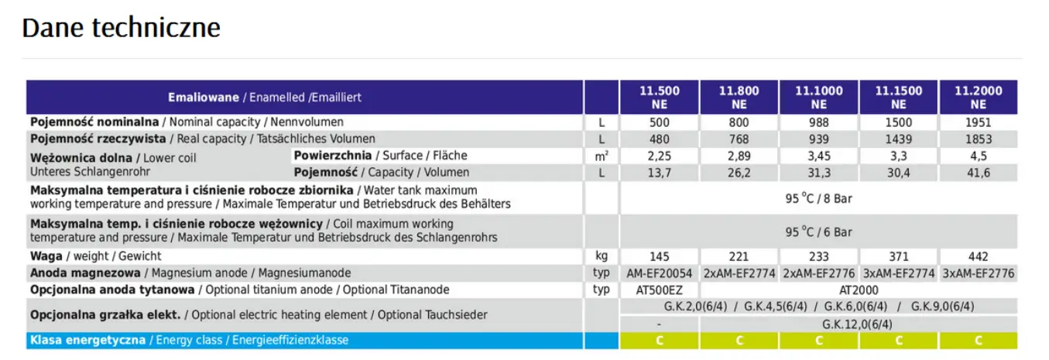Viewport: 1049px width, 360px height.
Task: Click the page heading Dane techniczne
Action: click(x=121, y=28)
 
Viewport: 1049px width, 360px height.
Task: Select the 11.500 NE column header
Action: click(x=660, y=98)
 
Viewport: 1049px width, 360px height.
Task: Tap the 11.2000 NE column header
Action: click(x=979, y=98)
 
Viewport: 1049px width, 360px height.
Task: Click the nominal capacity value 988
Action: click(x=818, y=122)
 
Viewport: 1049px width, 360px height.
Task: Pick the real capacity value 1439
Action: click(x=898, y=139)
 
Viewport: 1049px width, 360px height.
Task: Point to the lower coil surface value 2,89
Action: click(x=739, y=156)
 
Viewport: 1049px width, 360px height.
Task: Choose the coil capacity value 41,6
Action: click(x=979, y=173)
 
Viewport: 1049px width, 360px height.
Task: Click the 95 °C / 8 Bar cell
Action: click(x=818, y=198)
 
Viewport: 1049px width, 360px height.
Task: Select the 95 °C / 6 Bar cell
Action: click(x=818, y=231)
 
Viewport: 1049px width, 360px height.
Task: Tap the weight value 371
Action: click(x=898, y=257)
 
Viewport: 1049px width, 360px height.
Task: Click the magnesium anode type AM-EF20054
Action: click(x=660, y=273)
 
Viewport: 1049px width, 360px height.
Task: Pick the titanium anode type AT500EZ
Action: click(x=660, y=290)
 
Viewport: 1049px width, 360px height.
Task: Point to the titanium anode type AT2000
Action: click(x=859, y=290)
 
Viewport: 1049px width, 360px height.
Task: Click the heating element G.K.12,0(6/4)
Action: click(x=857, y=324)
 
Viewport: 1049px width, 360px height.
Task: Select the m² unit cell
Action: click(x=602, y=156)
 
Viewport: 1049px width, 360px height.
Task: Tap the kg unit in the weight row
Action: click(x=602, y=256)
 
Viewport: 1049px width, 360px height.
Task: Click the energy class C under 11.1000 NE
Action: click(x=818, y=341)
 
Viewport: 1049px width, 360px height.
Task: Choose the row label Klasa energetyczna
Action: click(x=88, y=341)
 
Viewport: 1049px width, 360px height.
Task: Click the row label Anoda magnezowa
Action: click(x=85, y=273)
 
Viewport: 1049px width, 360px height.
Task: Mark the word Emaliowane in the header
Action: click(x=204, y=98)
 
